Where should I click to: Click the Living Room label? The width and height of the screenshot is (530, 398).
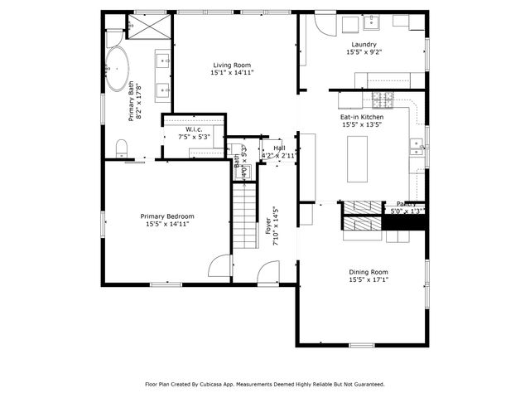tap(232, 65)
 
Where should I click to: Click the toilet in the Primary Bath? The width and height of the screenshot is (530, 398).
tap(122, 148)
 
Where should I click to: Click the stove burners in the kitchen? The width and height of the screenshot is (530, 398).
tap(383, 100)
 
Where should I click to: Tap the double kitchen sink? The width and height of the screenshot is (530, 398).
tap(416, 148)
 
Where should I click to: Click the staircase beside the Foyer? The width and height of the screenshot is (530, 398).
tap(245, 217)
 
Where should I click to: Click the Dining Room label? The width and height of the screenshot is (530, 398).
tap(368, 272)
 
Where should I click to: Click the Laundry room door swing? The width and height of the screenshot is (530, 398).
tap(313, 32)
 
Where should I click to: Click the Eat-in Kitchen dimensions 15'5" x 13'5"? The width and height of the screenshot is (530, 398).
tap(361, 126)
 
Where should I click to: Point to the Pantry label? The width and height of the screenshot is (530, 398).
tap(406, 203)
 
